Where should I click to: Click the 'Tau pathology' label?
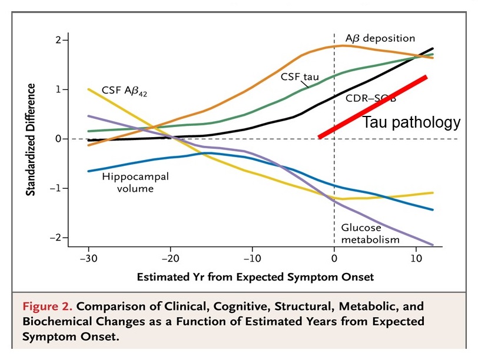point(410,122)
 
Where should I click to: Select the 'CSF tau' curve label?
point(298,76)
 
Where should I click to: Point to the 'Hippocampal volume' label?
point(128,182)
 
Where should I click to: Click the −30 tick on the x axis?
point(88,258)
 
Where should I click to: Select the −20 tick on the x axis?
point(170,258)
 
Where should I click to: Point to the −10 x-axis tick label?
point(252,258)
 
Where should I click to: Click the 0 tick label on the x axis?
point(334,258)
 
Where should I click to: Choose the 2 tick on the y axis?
point(58,40)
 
